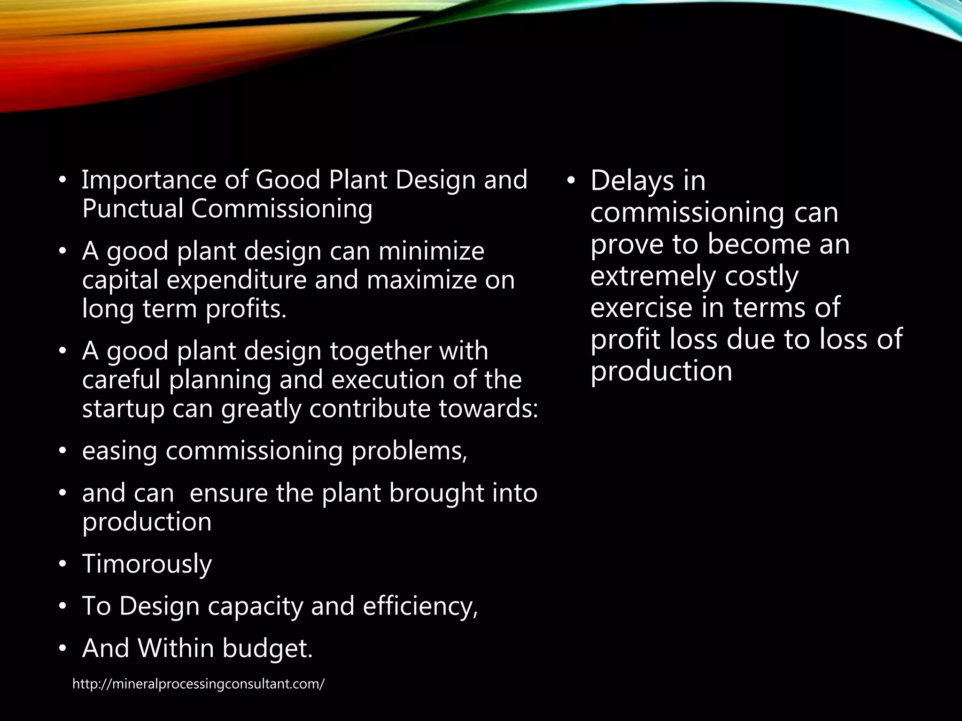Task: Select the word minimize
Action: tap(431, 251)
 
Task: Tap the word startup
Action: tap(123, 409)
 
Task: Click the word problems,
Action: tap(410, 451)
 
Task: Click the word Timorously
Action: tap(147, 564)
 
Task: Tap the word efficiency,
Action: tap(420, 606)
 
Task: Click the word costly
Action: tap(761, 276)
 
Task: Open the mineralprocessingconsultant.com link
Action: tap(198, 684)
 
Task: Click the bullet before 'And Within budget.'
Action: tap(62, 648)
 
